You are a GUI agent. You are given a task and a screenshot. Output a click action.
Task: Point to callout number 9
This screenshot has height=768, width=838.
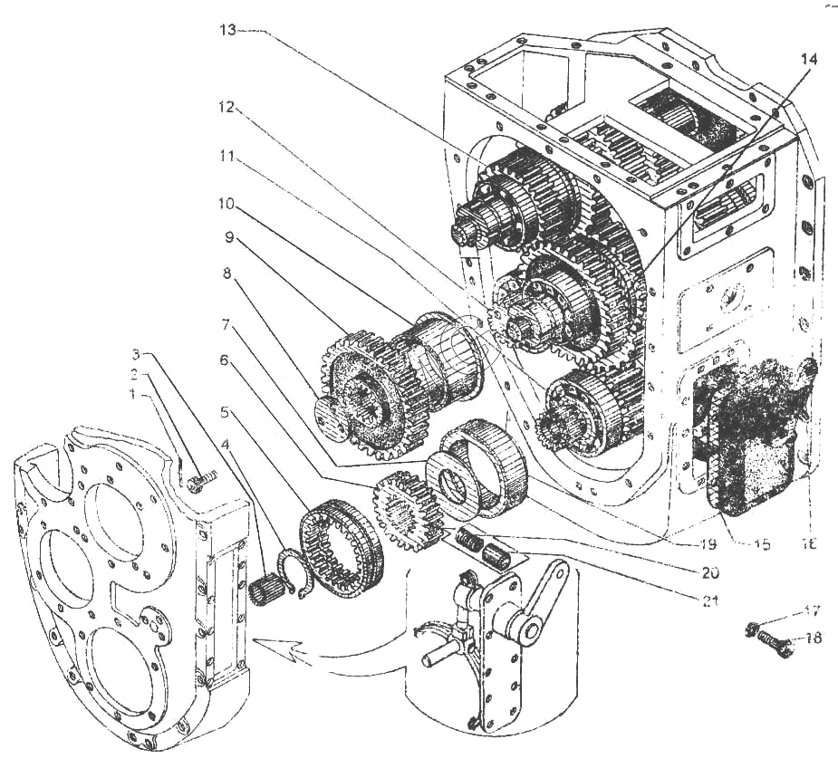[x=229, y=239]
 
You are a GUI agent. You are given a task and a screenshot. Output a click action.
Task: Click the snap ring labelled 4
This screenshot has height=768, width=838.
[x=293, y=572]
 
